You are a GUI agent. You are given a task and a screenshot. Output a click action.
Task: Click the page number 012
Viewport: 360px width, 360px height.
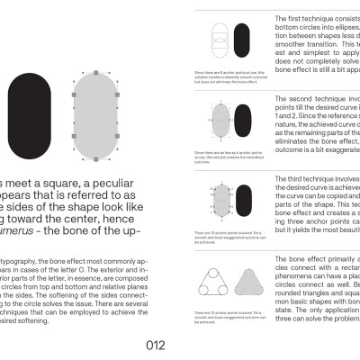(x=156, y=346)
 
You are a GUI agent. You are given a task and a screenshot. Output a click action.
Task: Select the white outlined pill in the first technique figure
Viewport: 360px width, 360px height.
(x=219, y=42)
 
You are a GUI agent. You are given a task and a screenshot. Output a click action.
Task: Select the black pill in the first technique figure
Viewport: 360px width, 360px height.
(x=242, y=42)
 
